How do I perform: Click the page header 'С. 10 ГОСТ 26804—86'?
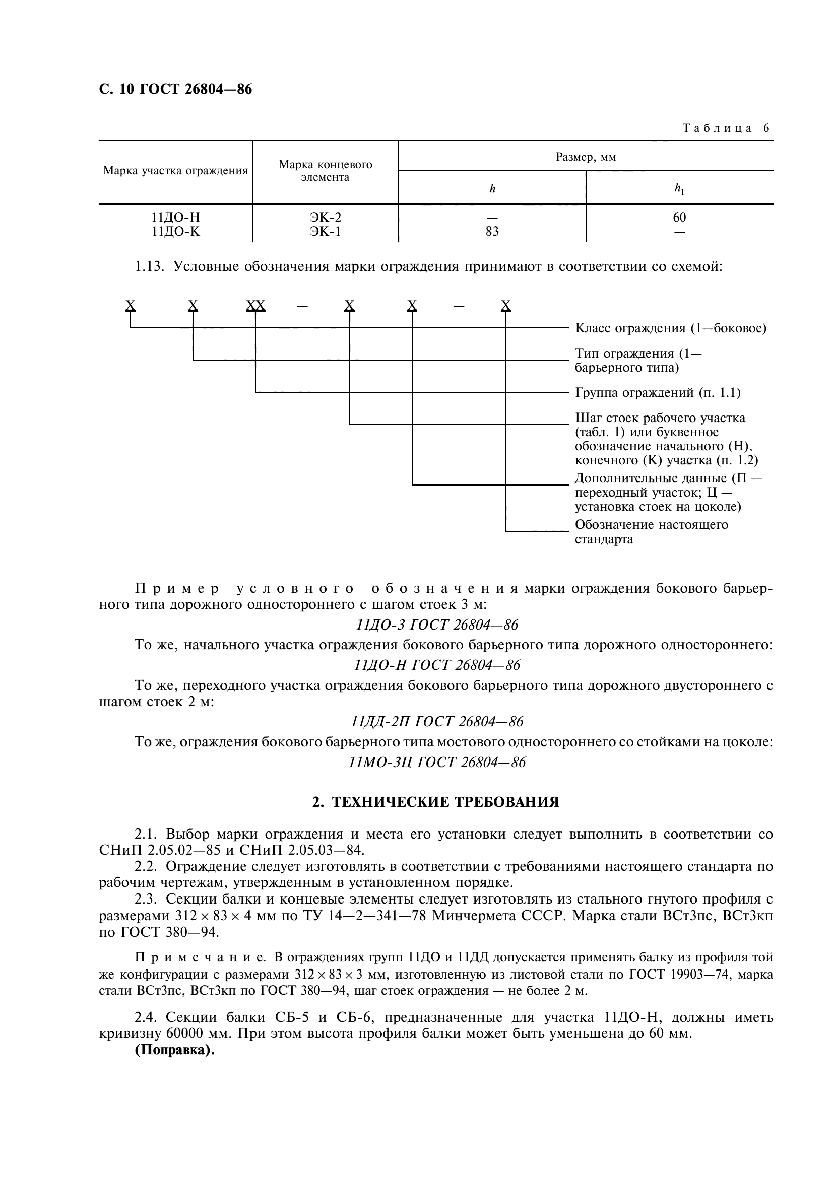[x=175, y=89]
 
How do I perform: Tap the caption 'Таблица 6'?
[x=726, y=128]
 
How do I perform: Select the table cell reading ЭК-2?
[x=325, y=218]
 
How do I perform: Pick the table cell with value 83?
[x=492, y=232]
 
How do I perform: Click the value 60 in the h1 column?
[x=679, y=218]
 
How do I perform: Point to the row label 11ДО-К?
[x=175, y=232]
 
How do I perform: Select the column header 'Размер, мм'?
[x=586, y=157]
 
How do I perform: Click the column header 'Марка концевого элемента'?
[x=325, y=171]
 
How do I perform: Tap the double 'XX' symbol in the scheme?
[x=255, y=306]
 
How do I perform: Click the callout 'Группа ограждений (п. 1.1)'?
[x=658, y=393]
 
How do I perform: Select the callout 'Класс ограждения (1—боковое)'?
[x=670, y=328]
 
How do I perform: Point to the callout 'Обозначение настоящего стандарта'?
[x=651, y=532]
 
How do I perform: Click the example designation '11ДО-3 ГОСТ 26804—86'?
[x=437, y=625]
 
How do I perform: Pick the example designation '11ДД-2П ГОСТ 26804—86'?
[x=437, y=722]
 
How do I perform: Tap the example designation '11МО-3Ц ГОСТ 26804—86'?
[x=437, y=763]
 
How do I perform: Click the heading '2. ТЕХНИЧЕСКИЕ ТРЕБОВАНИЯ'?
[x=436, y=802]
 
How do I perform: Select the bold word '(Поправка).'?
[x=174, y=1050]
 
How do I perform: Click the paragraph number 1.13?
[x=149, y=267]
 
